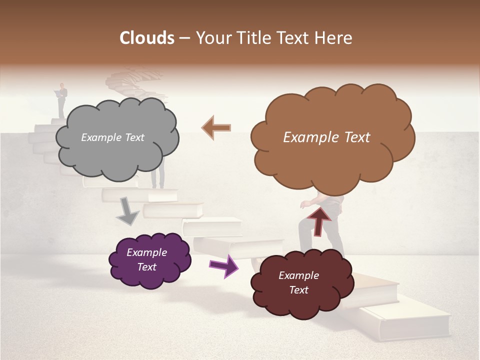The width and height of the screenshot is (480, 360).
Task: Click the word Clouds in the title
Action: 147,38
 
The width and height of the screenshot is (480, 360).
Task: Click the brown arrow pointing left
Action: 216,127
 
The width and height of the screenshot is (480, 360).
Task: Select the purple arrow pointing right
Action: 223,266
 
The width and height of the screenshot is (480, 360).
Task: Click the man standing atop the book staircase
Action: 61,100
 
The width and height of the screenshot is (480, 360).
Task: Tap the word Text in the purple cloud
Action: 147,267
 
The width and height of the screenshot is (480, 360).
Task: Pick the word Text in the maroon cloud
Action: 298,290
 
